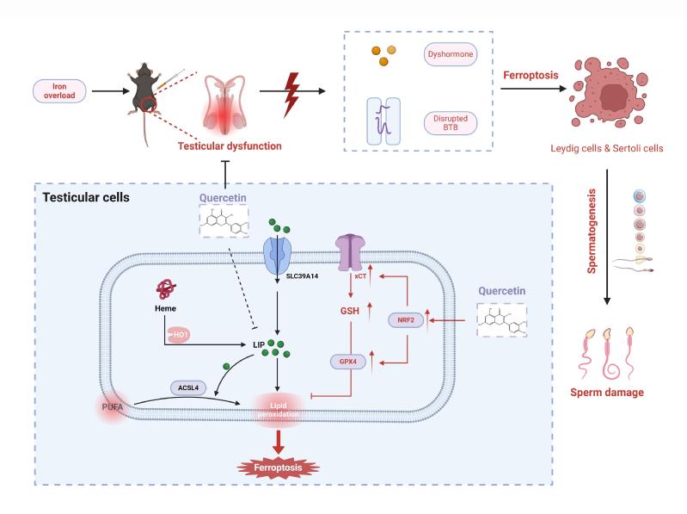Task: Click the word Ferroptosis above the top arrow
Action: pyautogui.click(x=530, y=76)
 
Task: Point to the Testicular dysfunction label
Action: pyautogui.click(x=230, y=146)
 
